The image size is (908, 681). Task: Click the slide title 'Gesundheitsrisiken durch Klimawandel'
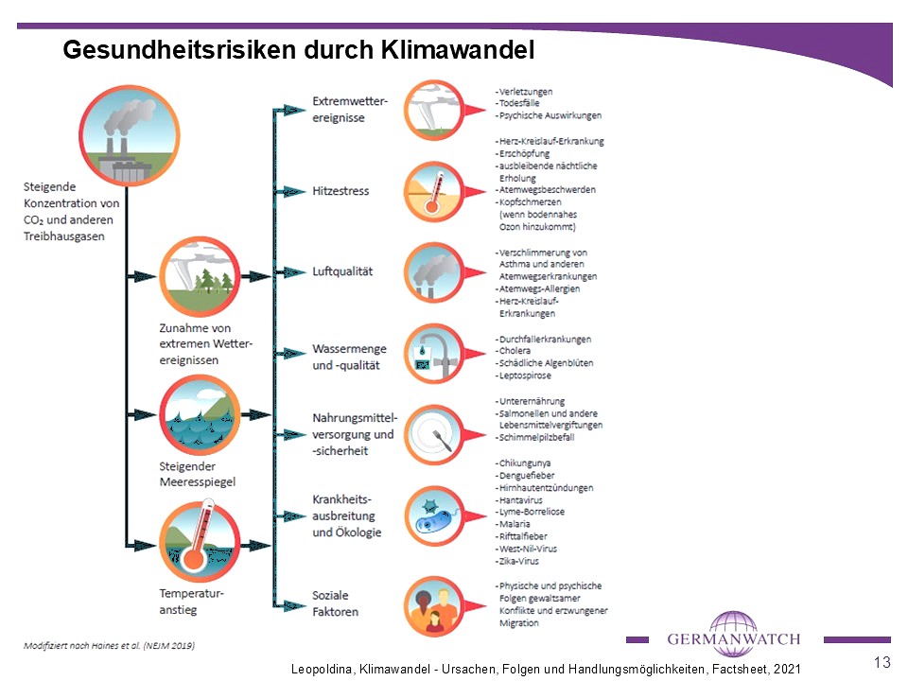298,49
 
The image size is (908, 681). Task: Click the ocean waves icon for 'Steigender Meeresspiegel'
200,414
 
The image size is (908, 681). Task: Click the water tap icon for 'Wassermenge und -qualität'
432,354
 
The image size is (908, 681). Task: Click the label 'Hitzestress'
340,191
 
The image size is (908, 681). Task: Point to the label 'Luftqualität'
342,271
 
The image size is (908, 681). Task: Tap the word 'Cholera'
515,351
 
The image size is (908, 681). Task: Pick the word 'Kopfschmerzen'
534,202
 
